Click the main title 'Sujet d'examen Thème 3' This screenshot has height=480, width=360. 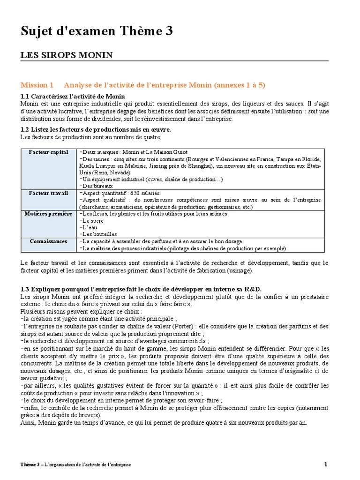tap(97, 31)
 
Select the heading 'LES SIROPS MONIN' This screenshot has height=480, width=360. tap(67, 55)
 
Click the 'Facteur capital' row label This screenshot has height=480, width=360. tap(49, 152)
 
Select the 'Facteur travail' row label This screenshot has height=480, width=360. tap(49, 193)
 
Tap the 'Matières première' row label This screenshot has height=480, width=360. tap(49, 214)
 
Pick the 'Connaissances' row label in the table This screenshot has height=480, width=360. tap(49, 241)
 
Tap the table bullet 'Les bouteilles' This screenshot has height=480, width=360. tap(98, 234)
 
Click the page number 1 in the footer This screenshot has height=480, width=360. tap(326, 464)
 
